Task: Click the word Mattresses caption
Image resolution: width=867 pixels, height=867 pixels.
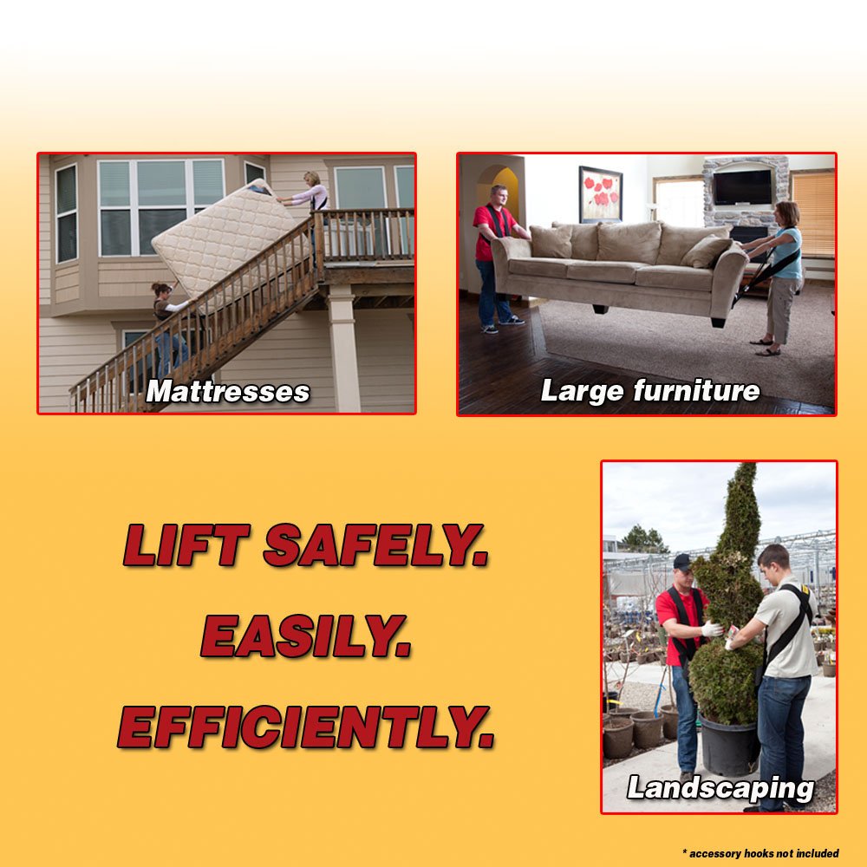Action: (228, 392)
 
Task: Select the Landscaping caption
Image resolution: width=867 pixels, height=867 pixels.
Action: (720, 788)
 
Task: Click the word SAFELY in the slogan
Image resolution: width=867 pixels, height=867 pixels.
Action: (375, 546)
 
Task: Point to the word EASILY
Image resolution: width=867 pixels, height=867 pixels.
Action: (305, 638)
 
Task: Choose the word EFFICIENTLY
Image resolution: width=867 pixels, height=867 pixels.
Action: (306, 727)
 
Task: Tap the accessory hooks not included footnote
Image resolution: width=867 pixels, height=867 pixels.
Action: (760, 854)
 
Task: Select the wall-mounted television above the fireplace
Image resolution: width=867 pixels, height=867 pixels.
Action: (741, 186)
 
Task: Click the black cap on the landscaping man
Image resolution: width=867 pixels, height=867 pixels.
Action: (683, 562)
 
